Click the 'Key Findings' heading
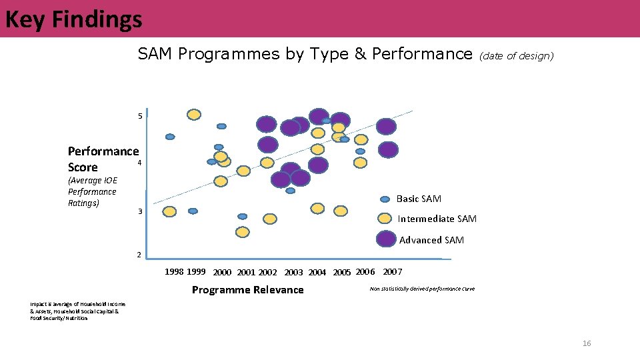point(73,19)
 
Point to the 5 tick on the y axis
point(139,117)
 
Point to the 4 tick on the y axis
point(139,163)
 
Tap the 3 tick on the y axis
point(139,211)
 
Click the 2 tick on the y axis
point(139,255)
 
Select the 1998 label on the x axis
point(175,271)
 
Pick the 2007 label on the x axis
point(392,271)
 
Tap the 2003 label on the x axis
point(293,272)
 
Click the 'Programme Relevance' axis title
point(247,289)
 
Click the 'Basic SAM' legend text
point(419,199)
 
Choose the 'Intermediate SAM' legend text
point(437,219)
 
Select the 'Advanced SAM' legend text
point(431,240)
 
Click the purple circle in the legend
point(385,239)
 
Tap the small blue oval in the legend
point(385,199)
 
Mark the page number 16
point(587,343)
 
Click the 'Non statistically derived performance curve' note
point(421,289)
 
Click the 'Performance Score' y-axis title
point(103,159)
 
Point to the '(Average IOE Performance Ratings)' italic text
point(92,191)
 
